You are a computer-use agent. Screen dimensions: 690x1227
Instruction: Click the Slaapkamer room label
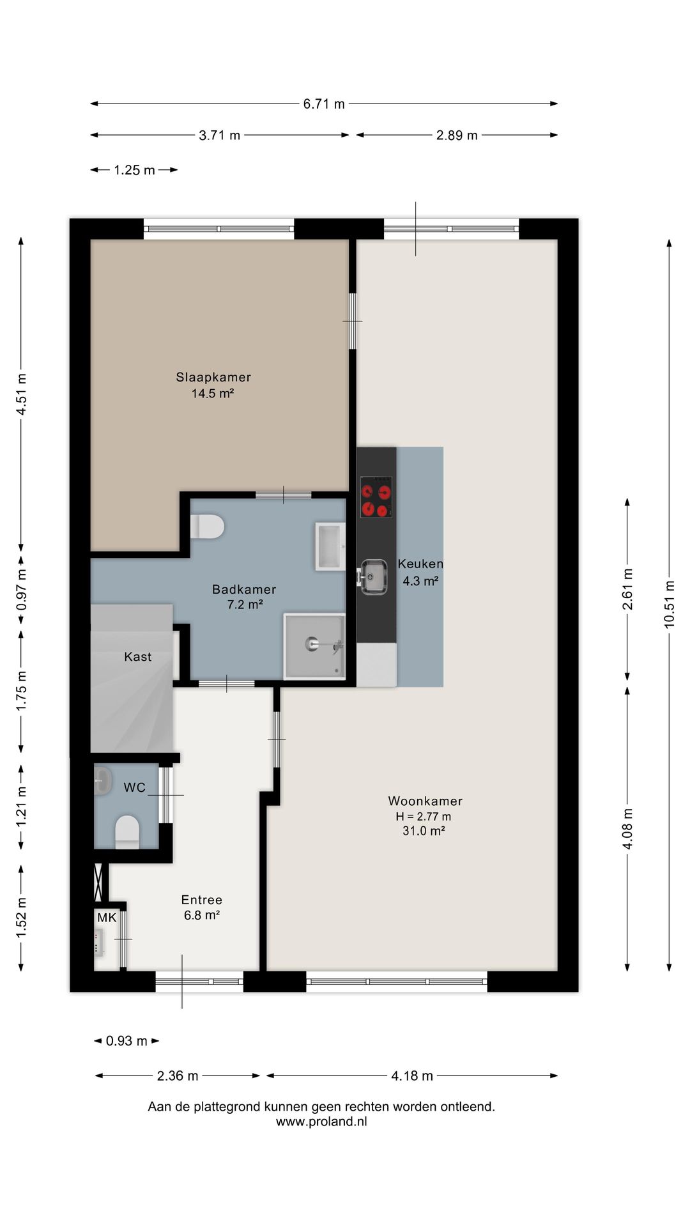pyautogui.click(x=213, y=377)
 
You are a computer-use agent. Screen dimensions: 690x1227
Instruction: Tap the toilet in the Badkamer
pyautogui.click(x=207, y=527)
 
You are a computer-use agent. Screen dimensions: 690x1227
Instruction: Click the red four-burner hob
pyautogui.click(x=376, y=497)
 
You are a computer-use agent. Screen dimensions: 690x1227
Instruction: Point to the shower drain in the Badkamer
pyautogui.click(x=312, y=643)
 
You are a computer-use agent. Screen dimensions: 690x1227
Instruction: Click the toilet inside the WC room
pyautogui.click(x=127, y=832)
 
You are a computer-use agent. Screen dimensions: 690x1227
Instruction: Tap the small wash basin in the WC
pyautogui.click(x=102, y=781)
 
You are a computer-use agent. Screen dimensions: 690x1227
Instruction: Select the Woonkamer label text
pyautogui.click(x=425, y=801)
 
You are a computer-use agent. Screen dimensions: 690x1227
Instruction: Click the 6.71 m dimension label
pyautogui.click(x=324, y=104)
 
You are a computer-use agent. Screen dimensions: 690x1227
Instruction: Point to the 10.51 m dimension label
pyautogui.click(x=670, y=604)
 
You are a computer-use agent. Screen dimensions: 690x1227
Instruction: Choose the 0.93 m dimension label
pyautogui.click(x=126, y=1041)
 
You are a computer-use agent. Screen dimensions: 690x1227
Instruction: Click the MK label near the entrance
pyautogui.click(x=107, y=918)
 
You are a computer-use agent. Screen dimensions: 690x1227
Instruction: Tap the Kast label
pyautogui.click(x=138, y=657)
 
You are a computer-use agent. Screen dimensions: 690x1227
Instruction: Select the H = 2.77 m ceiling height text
pyautogui.click(x=424, y=816)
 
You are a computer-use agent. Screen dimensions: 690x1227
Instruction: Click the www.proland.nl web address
pyautogui.click(x=321, y=1122)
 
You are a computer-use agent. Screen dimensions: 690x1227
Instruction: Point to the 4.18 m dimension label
pyautogui.click(x=412, y=1076)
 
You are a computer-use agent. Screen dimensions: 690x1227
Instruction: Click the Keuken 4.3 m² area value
pyautogui.click(x=420, y=581)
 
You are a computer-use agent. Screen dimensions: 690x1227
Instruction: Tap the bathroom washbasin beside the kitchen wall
pyautogui.click(x=330, y=546)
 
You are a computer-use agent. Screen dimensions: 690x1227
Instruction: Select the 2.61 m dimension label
pyautogui.click(x=628, y=589)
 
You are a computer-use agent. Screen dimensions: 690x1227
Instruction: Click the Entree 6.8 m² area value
pyautogui.click(x=202, y=915)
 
